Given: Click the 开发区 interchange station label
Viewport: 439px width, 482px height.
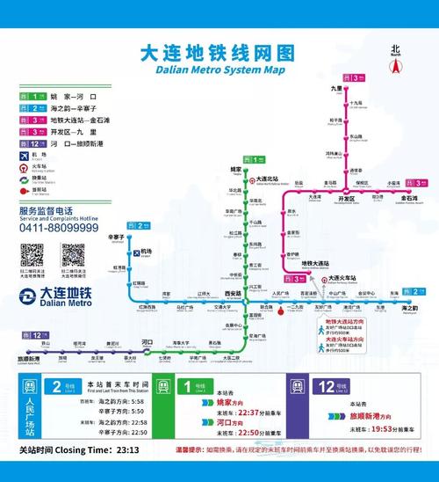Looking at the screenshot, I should (x=346, y=199).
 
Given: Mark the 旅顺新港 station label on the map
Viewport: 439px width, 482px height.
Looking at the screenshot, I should (x=29, y=359).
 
